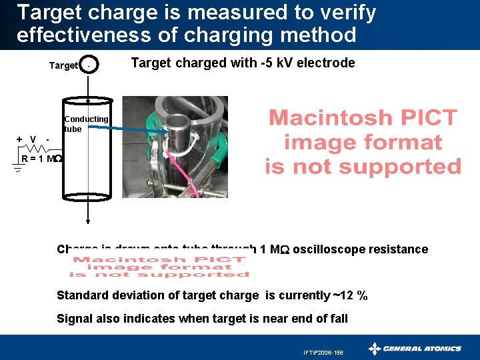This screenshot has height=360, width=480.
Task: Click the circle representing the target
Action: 89,65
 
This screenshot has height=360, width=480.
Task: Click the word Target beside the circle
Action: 64,65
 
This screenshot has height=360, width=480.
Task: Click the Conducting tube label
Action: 86,123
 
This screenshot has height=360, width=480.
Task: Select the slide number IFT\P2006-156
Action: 323,351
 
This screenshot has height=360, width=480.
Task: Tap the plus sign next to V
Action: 19,139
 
